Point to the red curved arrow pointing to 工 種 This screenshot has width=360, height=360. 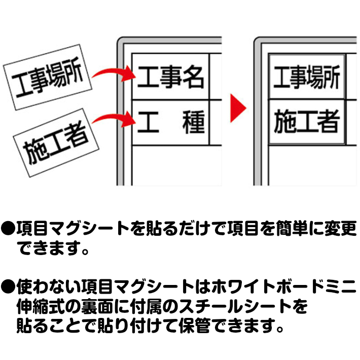pos(115,120)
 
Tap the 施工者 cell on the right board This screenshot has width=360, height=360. pos(306,122)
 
